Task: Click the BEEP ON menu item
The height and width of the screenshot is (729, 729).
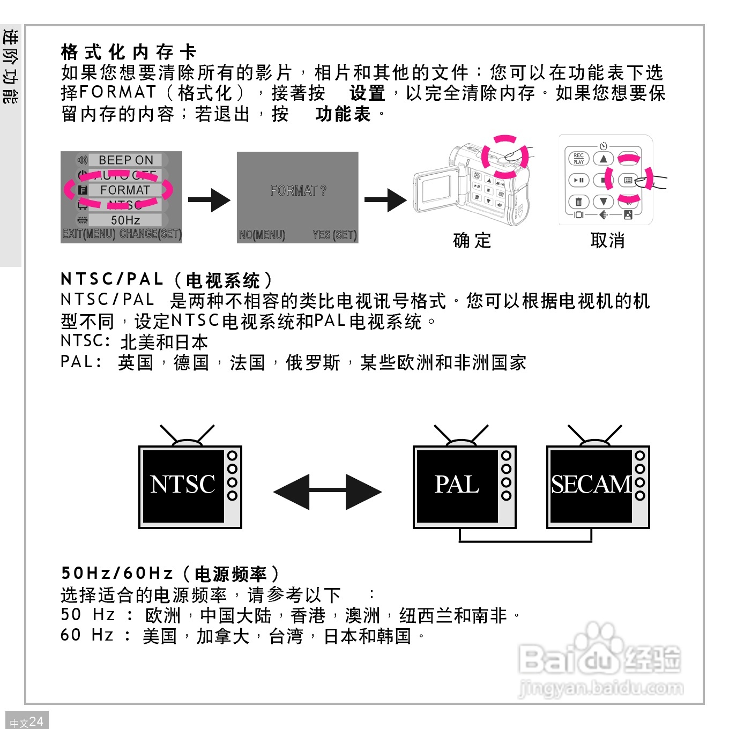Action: click(125, 160)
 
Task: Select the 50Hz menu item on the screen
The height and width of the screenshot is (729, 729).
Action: click(125, 220)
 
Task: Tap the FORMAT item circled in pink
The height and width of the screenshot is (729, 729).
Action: click(124, 190)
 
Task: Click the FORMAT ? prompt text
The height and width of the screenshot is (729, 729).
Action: click(298, 191)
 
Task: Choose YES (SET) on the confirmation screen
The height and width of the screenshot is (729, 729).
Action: click(334, 235)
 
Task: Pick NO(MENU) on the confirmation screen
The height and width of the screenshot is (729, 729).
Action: click(262, 235)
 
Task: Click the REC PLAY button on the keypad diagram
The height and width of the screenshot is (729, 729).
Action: click(578, 159)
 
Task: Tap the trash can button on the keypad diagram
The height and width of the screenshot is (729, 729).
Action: click(578, 202)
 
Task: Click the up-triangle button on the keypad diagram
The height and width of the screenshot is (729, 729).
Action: click(604, 159)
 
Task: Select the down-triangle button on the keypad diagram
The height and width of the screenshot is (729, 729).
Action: click(604, 202)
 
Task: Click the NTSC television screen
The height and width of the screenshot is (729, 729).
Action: click(183, 486)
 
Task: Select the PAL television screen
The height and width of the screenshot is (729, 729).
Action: click(457, 486)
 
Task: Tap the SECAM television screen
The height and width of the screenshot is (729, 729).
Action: click(591, 486)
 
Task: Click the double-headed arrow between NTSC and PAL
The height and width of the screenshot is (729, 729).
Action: click(328, 492)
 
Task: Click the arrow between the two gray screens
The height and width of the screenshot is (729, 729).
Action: click(209, 200)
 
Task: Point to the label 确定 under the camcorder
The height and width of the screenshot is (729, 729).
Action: click(472, 241)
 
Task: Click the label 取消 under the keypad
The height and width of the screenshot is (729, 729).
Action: click(607, 241)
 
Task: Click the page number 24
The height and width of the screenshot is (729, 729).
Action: click(36, 721)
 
